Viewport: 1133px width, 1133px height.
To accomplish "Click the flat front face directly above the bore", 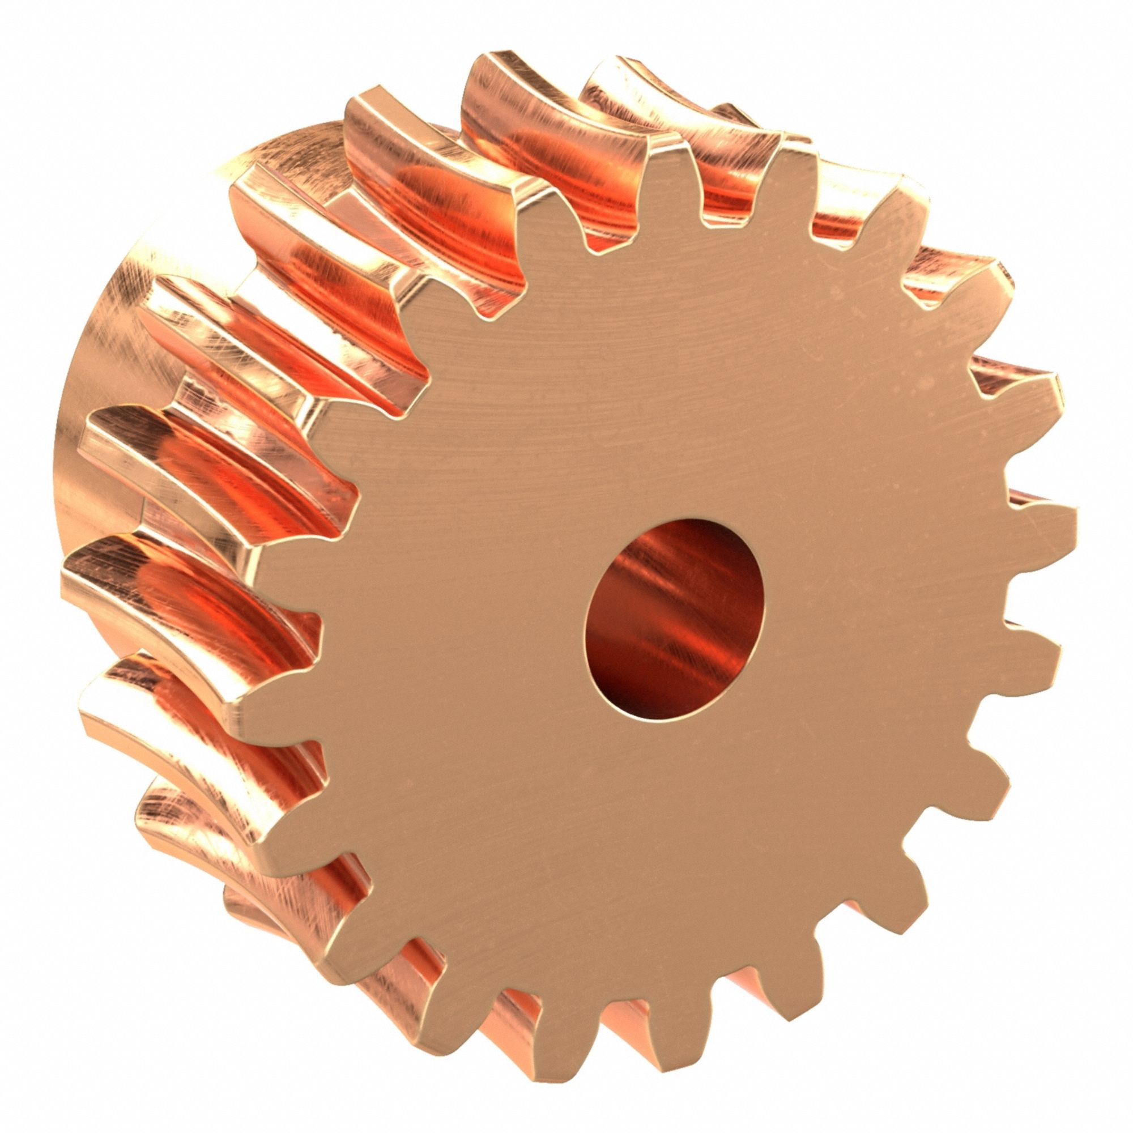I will [674, 411].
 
